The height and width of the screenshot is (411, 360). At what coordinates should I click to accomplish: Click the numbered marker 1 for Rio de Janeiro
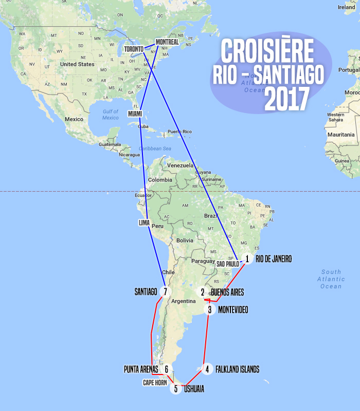[x=247, y=259]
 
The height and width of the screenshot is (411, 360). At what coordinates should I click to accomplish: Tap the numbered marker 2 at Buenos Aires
[x=203, y=292]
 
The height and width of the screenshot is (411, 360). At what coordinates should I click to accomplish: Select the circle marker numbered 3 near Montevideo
[x=210, y=310]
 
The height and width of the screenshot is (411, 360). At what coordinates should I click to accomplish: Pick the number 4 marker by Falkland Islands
[x=207, y=369]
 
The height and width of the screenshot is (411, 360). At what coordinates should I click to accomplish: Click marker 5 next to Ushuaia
[x=176, y=389]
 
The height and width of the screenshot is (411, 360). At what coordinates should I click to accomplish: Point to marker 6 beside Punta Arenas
[x=167, y=369]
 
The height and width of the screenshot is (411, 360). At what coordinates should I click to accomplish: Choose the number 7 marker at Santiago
[x=165, y=292]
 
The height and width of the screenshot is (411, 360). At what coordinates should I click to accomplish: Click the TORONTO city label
[x=134, y=49]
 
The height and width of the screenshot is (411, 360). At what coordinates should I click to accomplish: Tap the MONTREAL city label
[x=167, y=42]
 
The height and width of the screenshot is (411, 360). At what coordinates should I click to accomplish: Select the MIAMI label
[x=135, y=113]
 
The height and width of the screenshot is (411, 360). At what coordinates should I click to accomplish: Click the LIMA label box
[x=145, y=223]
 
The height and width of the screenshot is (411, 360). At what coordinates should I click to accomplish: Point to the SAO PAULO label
[x=227, y=264]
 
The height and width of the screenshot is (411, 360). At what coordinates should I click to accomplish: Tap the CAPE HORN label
[x=155, y=382]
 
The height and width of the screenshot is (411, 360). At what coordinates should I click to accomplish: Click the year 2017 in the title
[x=287, y=99]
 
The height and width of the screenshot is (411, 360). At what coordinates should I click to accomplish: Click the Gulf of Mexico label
[x=110, y=115]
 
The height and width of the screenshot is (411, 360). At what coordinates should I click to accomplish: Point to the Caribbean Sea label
[x=152, y=148]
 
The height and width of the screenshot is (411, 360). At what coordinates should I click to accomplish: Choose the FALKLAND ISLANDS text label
[x=238, y=369]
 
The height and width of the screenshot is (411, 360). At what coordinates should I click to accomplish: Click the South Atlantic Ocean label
[x=331, y=279]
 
